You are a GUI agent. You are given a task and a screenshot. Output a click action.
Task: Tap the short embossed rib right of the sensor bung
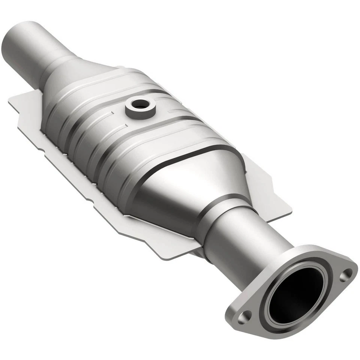pos(176,111)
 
